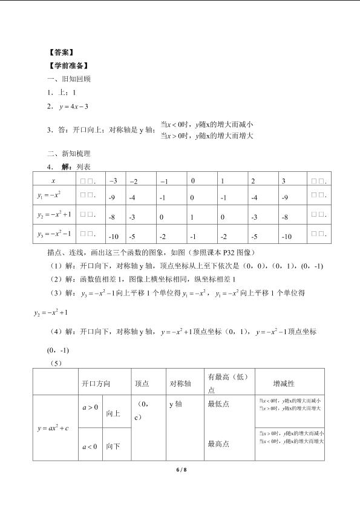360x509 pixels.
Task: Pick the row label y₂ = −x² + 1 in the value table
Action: [x=52, y=214]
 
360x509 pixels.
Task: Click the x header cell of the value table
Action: [x=53, y=180]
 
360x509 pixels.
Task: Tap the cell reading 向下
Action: [x=113, y=447]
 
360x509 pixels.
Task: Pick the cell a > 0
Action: [x=90, y=407]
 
